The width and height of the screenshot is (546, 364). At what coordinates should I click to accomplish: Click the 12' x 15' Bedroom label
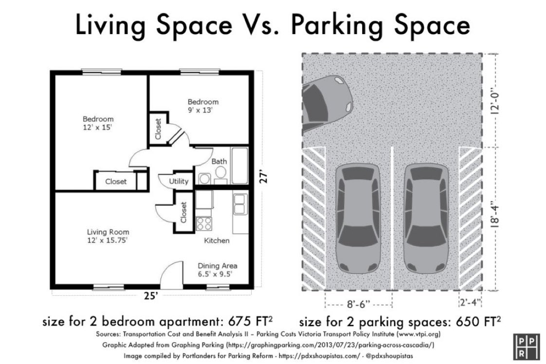pyautogui.click(x=98, y=123)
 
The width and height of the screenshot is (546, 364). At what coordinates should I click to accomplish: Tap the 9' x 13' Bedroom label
pyautogui.click(x=203, y=106)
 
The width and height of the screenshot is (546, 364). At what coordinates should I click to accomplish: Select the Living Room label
pyautogui.click(x=108, y=236)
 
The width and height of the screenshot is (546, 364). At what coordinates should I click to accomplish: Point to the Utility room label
pyautogui.click(x=179, y=181)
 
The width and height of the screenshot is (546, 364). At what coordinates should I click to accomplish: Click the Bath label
pyautogui.click(x=219, y=161)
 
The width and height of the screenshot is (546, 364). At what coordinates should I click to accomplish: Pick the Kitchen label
pyautogui.click(x=217, y=240)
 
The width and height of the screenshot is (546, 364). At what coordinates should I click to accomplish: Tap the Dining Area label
pyautogui.click(x=218, y=270)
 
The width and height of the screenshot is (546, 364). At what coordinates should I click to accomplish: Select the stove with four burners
pyautogui.click(x=204, y=223)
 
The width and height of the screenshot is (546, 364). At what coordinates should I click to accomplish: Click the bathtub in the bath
pyautogui.click(x=239, y=166)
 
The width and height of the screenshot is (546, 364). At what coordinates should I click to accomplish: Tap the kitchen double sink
pyautogui.click(x=240, y=204)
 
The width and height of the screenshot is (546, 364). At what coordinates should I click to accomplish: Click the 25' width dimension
pyautogui.click(x=151, y=296)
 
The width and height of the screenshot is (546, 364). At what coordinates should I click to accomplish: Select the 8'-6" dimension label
pyautogui.click(x=358, y=304)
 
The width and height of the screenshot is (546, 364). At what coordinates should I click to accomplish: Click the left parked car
pyautogui.click(x=358, y=219)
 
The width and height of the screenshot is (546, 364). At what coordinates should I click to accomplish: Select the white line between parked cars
pyautogui.click(x=392, y=218)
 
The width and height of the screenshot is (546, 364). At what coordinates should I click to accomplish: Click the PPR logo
pyautogui.click(x=526, y=347)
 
